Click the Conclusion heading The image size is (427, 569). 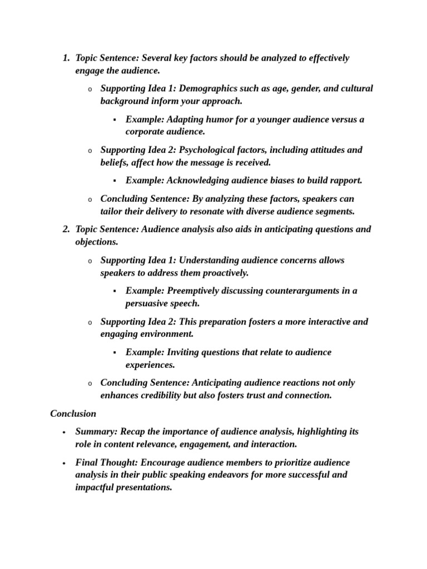[x=73, y=414]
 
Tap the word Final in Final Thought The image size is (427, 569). [x=86, y=463]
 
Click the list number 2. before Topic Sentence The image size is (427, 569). [x=66, y=229]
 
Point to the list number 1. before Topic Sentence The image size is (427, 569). [x=66, y=58]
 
